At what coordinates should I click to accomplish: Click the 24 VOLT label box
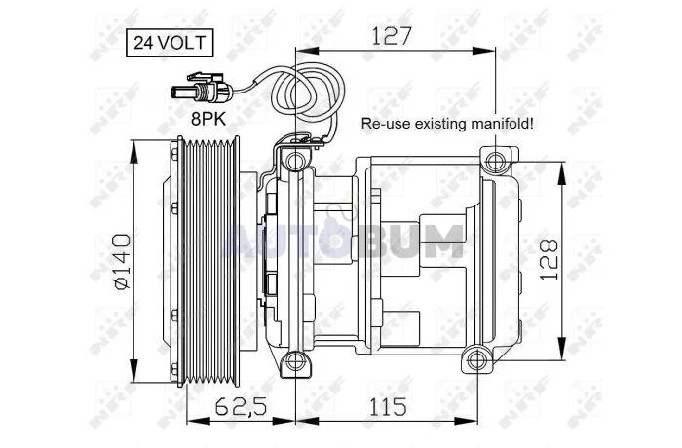coord(170,43)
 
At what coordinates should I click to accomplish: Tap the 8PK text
coord(208,118)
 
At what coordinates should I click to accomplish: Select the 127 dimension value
coord(391,36)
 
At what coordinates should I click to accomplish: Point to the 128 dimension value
coord(549,259)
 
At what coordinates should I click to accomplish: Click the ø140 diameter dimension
coord(122,261)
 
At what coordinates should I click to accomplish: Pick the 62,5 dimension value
coord(242,407)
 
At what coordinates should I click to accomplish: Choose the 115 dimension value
coord(388,407)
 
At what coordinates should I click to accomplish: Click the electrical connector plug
coord(203,89)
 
